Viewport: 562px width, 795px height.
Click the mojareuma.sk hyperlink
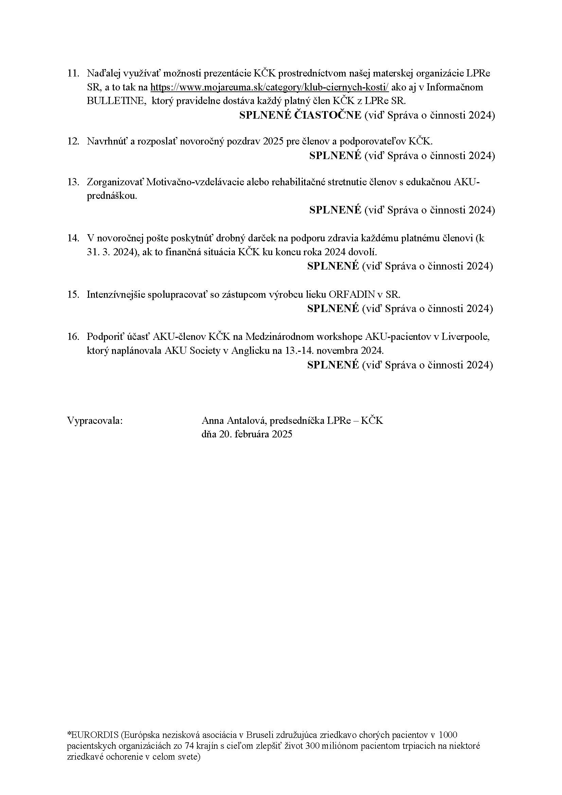coord(270,87)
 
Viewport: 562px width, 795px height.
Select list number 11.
coord(73,73)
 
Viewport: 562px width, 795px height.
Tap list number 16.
coord(73,336)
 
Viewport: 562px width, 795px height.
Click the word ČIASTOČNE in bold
coord(327,115)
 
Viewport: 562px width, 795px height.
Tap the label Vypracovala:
coord(95,421)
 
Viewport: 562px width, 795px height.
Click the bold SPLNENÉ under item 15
coord(333,309)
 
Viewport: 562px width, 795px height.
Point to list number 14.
coord(73,238)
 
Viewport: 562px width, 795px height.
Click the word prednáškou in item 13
coord(111,196)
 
